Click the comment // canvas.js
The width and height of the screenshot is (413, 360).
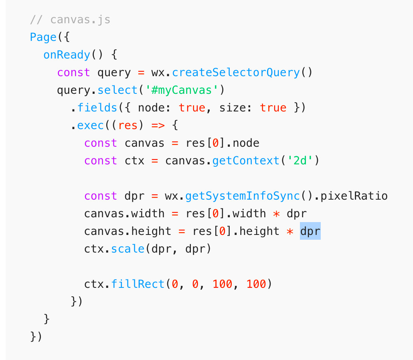70,19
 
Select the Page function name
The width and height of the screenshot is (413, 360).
43,37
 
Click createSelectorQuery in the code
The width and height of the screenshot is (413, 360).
236,72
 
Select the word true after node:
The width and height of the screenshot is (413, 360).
192,107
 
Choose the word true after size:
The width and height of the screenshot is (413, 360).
273,107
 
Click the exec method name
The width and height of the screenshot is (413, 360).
91,125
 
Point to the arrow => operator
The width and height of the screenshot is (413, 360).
158,125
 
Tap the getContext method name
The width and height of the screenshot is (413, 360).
246,161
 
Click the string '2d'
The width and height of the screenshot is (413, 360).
300,161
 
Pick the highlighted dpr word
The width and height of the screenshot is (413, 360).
310,231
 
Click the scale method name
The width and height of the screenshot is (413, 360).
128,249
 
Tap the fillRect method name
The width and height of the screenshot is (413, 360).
138,284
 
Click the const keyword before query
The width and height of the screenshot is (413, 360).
74,72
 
